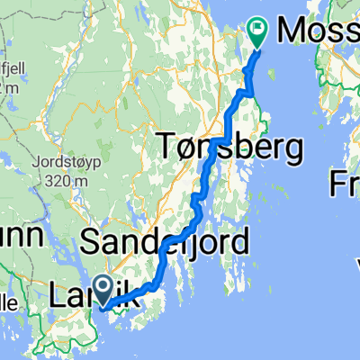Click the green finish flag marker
256,33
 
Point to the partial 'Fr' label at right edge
346,184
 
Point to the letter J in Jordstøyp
35,165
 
